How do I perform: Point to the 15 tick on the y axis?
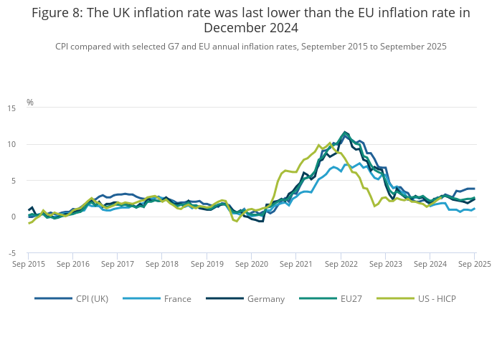12,108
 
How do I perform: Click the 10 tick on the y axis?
12,144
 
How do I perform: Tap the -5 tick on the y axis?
12,253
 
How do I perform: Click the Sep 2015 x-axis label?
29,264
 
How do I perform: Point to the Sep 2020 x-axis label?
252,264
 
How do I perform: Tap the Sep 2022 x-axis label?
341,264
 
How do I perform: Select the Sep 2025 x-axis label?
474,264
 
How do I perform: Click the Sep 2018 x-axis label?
162,264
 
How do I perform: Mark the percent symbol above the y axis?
30,103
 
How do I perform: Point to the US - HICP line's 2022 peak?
330,142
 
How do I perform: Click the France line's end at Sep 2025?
475,209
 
